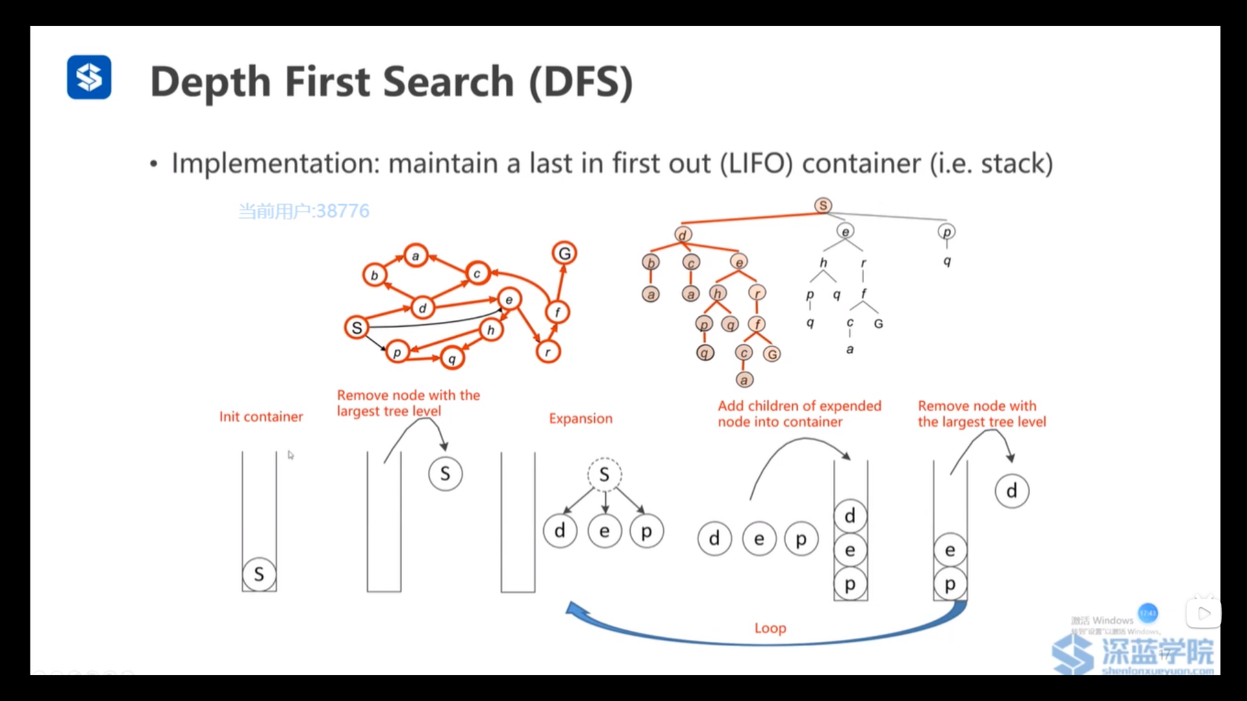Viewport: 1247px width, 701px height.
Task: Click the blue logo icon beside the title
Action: click(89, 77)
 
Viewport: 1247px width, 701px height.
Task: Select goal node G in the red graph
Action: click(564, 253)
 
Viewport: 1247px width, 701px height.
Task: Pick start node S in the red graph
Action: click(357, 328)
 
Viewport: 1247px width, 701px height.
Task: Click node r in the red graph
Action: click(548, 352)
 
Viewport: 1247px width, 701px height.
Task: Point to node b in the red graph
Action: click(374, 275)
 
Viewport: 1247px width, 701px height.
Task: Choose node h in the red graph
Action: click(491, 330)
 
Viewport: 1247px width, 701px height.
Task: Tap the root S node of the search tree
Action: click(823, 205)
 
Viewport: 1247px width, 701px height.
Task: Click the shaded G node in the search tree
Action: click(772, 354)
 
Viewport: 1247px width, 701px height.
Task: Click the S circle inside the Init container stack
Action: click(259, 574)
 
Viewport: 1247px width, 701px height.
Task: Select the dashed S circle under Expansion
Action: click(605, 474)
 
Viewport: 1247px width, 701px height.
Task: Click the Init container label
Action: click(261, 417)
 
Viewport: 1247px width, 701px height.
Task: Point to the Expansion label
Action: click(581, 419)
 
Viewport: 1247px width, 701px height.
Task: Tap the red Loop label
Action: click(770, 628)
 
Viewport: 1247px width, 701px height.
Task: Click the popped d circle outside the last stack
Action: click(1011, 491)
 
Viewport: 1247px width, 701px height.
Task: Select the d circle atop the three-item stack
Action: click(850, 516)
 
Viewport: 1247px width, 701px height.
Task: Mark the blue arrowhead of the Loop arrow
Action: click(573, 609)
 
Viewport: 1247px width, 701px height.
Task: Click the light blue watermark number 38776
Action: click(342, 211)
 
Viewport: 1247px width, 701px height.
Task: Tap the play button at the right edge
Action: click(1203, 613)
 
